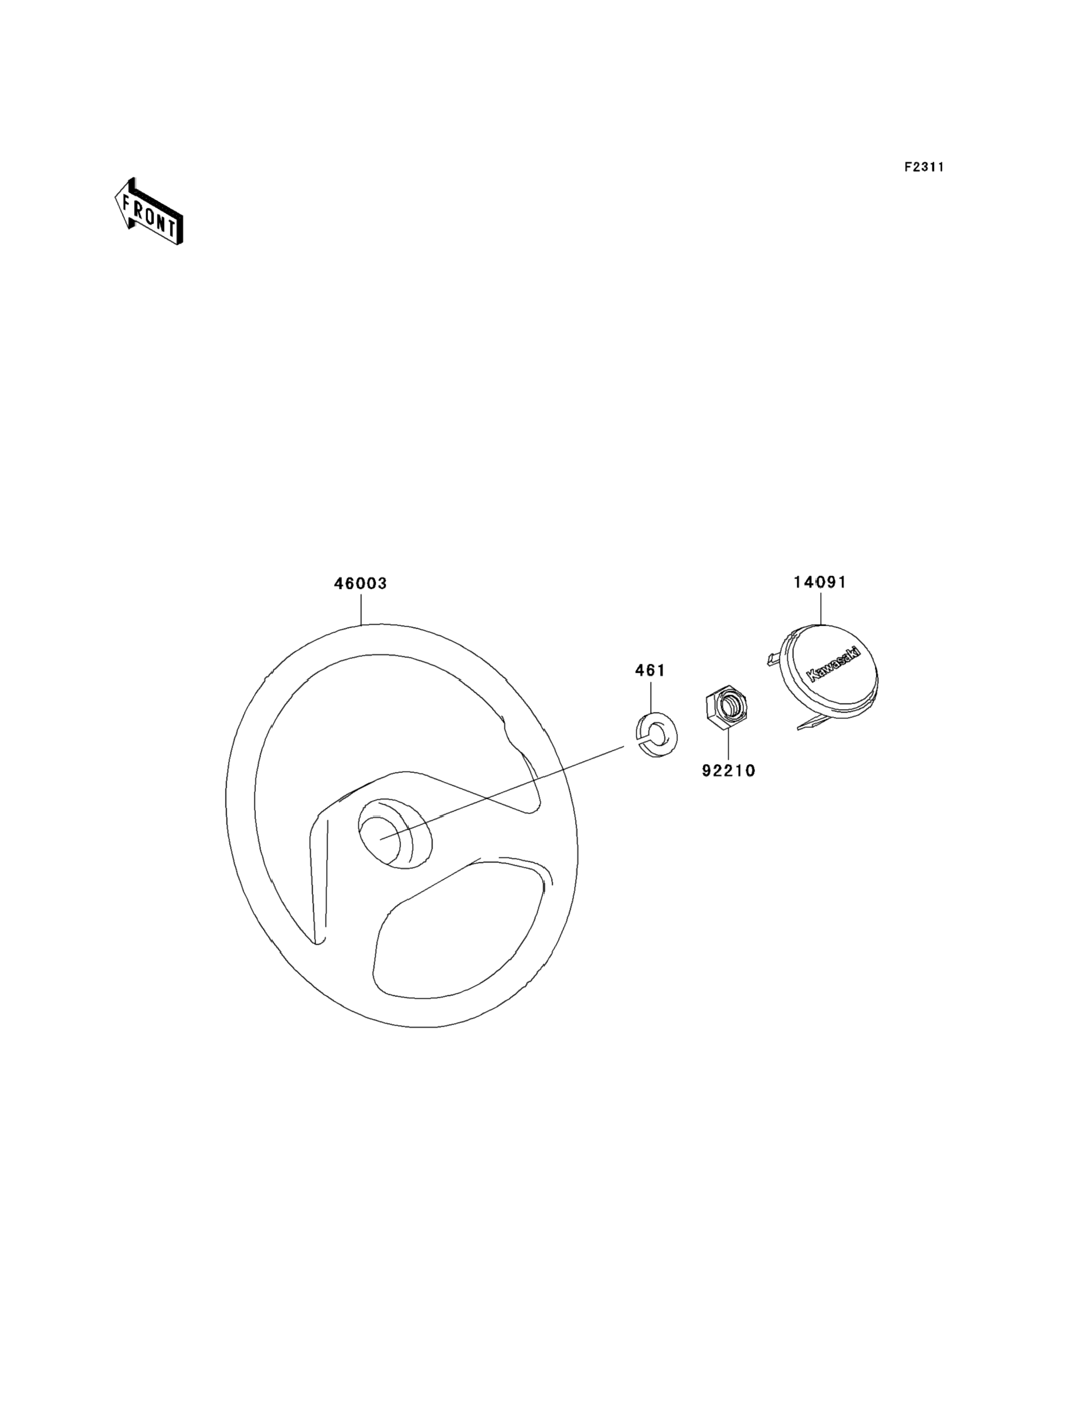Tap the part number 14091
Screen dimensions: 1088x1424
(820, 582)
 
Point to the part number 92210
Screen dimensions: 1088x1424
(729, 771)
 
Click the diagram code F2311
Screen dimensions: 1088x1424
(924, 167)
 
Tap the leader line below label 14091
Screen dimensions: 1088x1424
(820, 607)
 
